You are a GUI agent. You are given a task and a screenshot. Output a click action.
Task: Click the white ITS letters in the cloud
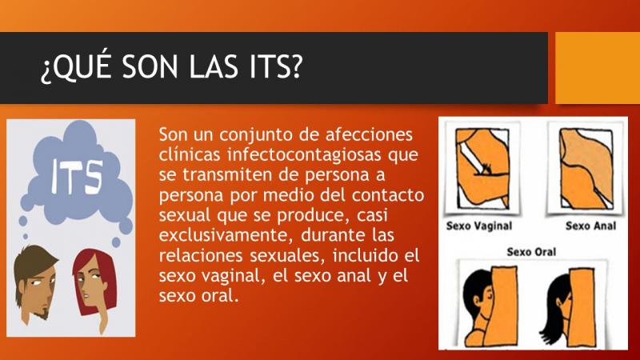(x=77, y=177)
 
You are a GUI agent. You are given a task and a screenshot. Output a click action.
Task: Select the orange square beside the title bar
(x=598, y=68)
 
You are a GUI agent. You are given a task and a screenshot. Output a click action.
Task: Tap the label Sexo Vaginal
(x=478, y=226)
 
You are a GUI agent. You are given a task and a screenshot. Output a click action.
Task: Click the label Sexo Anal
(x=590, y=226)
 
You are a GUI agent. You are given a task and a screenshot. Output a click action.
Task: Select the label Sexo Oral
(x=531, y=252)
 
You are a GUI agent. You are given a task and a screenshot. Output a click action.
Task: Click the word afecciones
(x=369, y=134)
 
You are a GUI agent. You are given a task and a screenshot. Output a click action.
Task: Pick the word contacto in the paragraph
(x=388, y=195)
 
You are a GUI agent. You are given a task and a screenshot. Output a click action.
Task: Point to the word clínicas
(x=190, y=154)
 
